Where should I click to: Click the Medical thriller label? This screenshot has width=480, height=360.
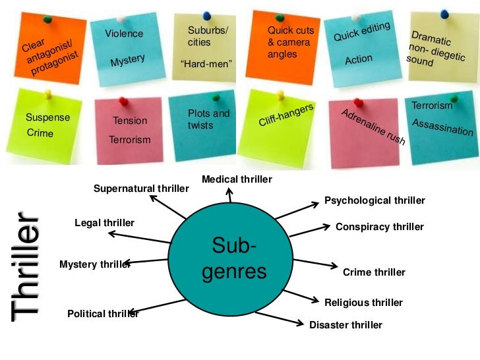(237, 179)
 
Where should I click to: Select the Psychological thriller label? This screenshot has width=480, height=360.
(375, 200)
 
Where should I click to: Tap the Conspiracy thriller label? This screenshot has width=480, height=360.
(379, 227)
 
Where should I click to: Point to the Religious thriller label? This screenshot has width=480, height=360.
(363, 303)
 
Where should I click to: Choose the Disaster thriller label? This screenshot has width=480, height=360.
(345, 324)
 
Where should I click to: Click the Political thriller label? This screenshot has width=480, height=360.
(103, 314)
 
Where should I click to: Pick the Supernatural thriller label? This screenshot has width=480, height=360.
(141, 189)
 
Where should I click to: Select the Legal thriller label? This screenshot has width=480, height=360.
(104, 223)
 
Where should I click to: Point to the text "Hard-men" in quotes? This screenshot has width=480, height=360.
(206, 64)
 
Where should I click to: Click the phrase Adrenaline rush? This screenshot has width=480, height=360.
(373, 127)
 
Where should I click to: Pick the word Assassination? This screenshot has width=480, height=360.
(442, 127)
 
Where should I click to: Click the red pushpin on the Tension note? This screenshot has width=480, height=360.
(123, 101)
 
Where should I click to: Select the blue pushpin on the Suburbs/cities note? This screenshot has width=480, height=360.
(206, 13)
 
